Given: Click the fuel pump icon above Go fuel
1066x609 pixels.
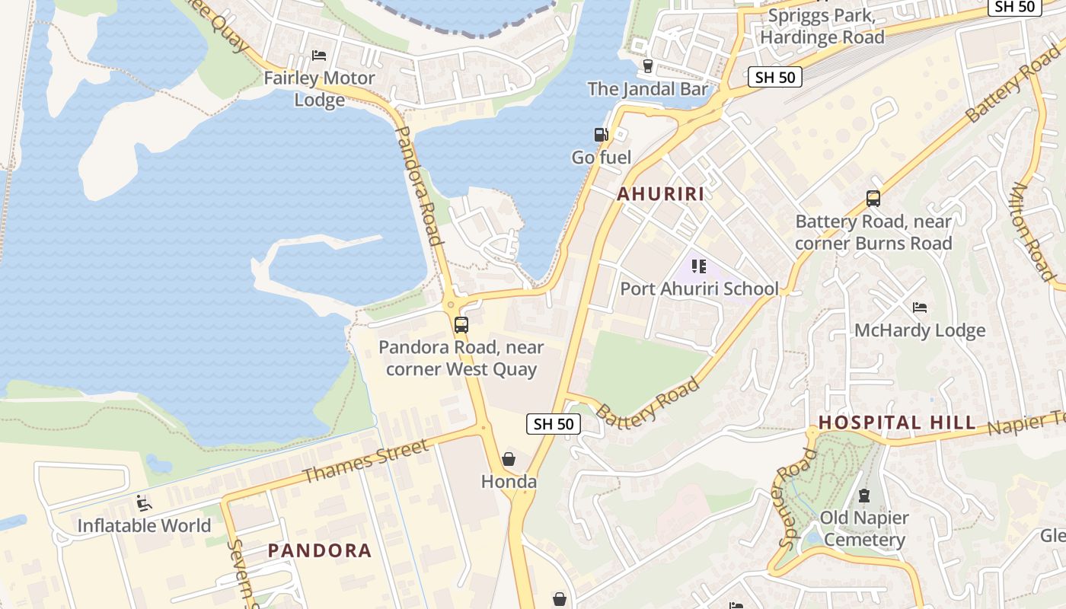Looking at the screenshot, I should pyautogui.click(x=601, y=135).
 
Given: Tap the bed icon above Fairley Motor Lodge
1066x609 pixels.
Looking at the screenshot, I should pyautogui.click(x=319, y=56).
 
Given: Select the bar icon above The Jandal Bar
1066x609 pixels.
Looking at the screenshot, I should pyautogui.click(x=648, y=66).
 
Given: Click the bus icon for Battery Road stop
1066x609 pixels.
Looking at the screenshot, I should pyautogui.click(x=873, y=199).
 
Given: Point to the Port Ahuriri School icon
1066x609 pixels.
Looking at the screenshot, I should pyautogui.click(x=698, y=266).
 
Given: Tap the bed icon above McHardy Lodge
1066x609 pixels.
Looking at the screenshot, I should pyautogui.click(x=920, y=308).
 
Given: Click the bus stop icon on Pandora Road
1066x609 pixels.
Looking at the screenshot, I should pyautogui.click(x=461, y=325).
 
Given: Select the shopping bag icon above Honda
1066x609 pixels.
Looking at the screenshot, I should pyautogui.click(x=509, y=459).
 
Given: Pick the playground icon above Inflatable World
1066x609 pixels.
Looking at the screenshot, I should pyautogui.click(x=143, y=503).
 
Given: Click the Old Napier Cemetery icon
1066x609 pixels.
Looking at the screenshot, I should pyautogui.click(x=864, y=496).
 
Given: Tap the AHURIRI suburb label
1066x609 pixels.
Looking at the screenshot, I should pyautogui.click(x=660, y=194).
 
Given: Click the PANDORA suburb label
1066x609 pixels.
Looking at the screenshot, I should pyautogui.click(x=320, y=550).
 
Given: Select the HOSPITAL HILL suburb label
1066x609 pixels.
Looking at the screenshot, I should pyautogui.click(x=896, y=422).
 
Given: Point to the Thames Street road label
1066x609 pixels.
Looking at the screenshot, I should pyautogui.click(x=365, y=461).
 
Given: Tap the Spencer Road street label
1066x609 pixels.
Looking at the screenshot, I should pyautogui.click(x=797, y=499).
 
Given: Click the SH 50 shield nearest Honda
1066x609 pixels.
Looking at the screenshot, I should pyautogui.click(x=554, y=424).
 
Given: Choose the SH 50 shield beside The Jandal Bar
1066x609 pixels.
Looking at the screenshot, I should pyautogui.click(x=775, y=77).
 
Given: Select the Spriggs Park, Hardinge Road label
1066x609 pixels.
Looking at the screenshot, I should pyautogui.click(x=822, y=27).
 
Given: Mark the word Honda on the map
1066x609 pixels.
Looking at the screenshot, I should pyautogui.click(x=509, y=482).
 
